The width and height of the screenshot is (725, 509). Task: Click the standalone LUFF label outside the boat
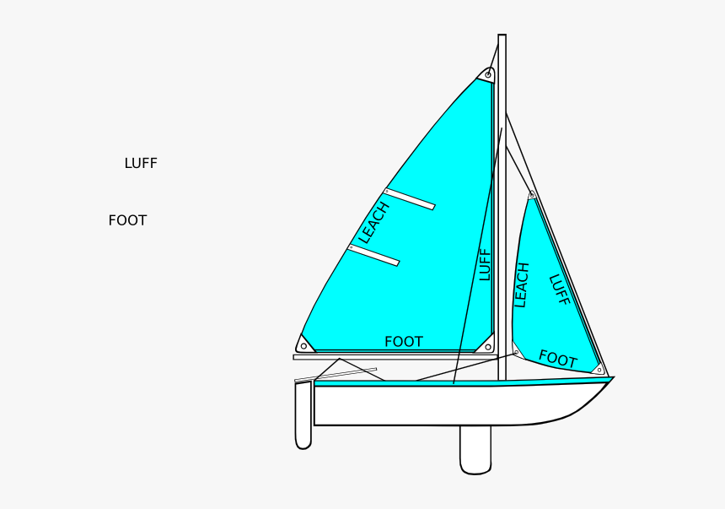(x=141, y=164)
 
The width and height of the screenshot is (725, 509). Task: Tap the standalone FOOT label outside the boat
(x=127, y=221)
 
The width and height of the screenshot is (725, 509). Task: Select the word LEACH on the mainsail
(x=373, y=223)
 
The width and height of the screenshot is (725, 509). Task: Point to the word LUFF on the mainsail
(x=485, y=264)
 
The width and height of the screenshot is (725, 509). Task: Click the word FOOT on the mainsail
(x=404, y=342)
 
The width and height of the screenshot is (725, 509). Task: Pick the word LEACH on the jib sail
(x=521, y=284)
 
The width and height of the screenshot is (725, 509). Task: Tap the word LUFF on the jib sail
(x=559, y=290)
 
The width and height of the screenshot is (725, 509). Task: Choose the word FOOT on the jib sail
(x=557, y=360)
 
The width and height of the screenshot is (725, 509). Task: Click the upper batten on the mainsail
(x=410, y=198)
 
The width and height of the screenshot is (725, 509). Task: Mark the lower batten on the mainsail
(x=373, y=255)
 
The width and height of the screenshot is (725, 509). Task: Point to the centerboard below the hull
(x=475, y=449)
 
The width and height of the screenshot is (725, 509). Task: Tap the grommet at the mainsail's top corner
(x=488, y=75)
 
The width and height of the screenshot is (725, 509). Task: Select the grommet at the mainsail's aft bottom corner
(x=303, y=344)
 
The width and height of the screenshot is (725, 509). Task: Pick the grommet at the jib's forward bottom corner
(x=599, y=369)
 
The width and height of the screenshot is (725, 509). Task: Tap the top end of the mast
(x=502, y=37)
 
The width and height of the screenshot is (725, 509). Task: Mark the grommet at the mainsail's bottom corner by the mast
(x=487, y=346)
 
